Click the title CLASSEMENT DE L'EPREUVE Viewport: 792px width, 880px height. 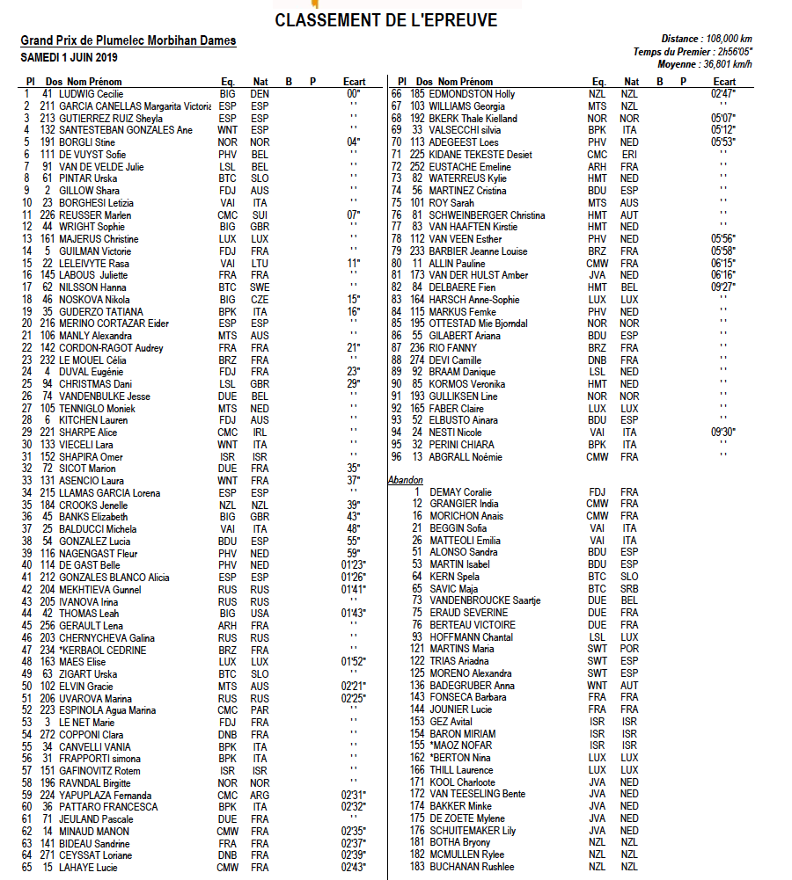click(385, 20)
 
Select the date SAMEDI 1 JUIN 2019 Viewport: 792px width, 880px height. click(68, 57)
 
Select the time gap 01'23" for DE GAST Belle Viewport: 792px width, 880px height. click(354, 565)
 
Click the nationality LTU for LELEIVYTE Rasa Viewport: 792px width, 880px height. click(259, 263)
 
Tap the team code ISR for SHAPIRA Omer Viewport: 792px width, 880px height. click(227, 456)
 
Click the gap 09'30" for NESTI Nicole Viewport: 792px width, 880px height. click(722, 432)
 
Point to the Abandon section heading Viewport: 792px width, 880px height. click(406, 480)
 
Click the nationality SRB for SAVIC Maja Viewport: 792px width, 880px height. click(628, 588)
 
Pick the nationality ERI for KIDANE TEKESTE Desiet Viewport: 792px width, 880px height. click(628, 154)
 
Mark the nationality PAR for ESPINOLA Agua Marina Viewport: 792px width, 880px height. click(259, 710)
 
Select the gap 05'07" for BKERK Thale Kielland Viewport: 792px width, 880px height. click(722, 118)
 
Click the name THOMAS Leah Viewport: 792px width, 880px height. click(90, 614)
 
